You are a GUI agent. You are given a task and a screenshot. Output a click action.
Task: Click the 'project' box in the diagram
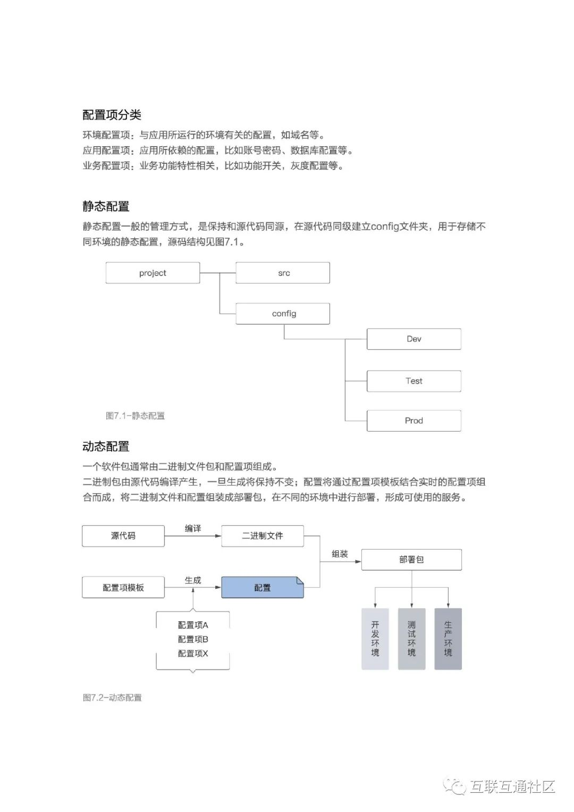click(x=153, y=273)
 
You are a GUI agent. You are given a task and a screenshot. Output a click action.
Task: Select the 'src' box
click(x=283, y=273)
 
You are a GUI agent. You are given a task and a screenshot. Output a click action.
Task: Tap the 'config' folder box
click(x=283, y=314)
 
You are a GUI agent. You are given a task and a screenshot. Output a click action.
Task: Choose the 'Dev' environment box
click(x=413, y=339)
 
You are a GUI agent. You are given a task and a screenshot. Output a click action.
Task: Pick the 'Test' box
click(x=413, y=381)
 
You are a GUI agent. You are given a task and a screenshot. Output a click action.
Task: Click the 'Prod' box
click(x=413, y=421)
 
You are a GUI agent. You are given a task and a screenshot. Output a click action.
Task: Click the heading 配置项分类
click(x=112, y=115)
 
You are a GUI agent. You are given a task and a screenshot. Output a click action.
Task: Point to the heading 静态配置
click(x=106, y=206)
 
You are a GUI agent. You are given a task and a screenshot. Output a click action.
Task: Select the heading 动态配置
click(x=106, y=447)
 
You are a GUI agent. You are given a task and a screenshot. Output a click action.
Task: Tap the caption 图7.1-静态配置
click(x=135, y=416)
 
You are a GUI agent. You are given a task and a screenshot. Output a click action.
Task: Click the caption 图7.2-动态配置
click(x=112, y=698)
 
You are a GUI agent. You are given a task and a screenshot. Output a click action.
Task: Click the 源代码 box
click(x=123, y=536)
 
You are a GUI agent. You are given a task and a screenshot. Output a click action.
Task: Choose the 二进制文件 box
click(x=262, y=536)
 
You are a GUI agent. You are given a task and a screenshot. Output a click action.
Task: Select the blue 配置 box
click(x=262, y=588)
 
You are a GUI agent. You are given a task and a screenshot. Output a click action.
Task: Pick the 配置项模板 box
click(x=123, y=588)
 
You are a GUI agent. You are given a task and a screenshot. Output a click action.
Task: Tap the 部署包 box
click(x=411, y=559)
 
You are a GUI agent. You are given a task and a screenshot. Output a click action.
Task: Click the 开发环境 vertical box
click(x=375, y=639)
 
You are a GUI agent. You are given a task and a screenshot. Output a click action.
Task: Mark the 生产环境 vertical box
click(x=448, y=639)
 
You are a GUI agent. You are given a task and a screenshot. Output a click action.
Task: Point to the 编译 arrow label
click(x=193, y=528)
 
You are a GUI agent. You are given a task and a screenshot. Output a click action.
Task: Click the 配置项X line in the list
click(x=193, y=654)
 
